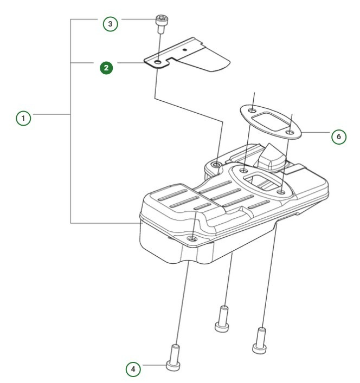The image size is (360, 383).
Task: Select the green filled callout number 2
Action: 107,68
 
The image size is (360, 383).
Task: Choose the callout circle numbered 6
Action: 338,137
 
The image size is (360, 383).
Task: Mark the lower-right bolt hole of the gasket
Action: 291,131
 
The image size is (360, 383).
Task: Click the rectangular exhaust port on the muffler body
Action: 259,181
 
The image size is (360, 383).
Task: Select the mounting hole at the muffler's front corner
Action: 191,238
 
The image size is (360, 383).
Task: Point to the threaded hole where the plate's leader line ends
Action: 217,164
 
